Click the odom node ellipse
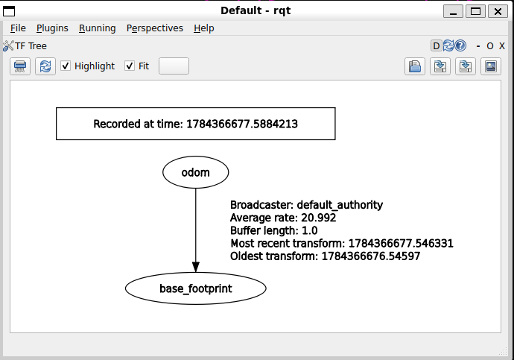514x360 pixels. (196, 172)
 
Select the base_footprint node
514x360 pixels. (196, 288)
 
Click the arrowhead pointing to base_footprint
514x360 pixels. (196, 268)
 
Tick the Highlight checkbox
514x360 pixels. (66, 66)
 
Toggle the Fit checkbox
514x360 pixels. (130, 66)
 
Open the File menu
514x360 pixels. (18, 28)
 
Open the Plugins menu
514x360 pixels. (52, 28)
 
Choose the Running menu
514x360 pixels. (98, 28)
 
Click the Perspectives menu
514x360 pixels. (155, 28)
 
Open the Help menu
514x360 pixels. (204, 28)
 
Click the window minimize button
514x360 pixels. (454, 11)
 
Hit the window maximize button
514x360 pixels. (476, 11)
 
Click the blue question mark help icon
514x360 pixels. (460, 45)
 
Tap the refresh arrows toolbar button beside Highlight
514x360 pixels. (45, 66)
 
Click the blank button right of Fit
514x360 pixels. (174, 66)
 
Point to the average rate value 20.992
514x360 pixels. (319, 218)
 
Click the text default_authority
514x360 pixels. (340, 205)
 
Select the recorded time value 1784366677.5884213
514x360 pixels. (242, 124)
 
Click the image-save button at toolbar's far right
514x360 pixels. (491, 66)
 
